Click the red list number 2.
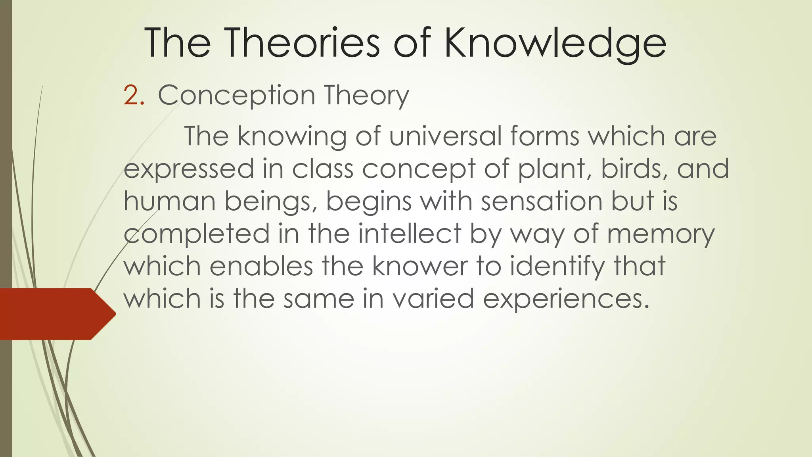pyautogui.click(x=134, y=96)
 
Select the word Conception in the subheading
pyautogui.click(x=236, y=96)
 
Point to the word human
pyautogui.click(x=170, y=201)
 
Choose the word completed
pyautogui.click(x=197, y=234)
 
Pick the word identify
pyautogui.click(x=557, y=267)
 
